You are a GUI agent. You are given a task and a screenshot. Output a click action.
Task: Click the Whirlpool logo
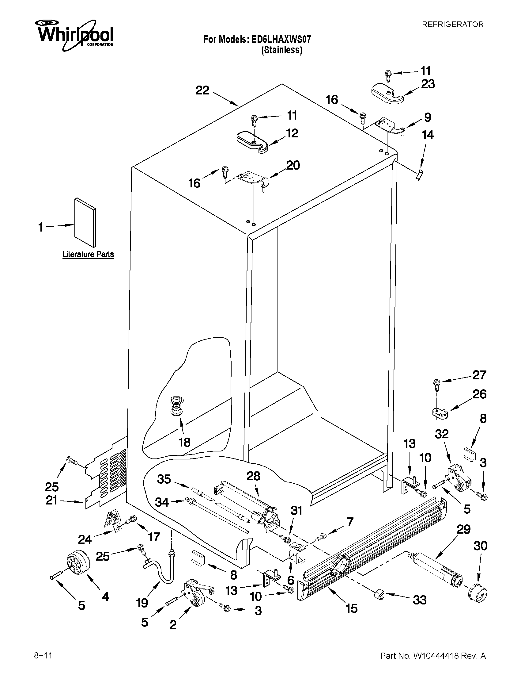point(74,35)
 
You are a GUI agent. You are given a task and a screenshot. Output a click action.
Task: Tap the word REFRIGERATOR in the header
point(452,25)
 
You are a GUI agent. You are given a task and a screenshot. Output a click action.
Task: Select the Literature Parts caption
point(88,254)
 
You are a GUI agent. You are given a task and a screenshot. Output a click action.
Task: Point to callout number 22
point(202,90)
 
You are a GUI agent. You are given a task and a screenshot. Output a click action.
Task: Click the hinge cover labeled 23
point(388,93)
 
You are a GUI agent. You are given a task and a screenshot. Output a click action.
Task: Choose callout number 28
point(253,476)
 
